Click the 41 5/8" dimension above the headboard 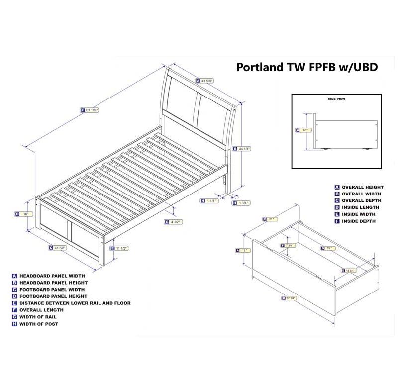pos(204,80)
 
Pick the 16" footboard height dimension pos(24,214)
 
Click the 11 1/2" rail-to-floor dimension pos(119,248)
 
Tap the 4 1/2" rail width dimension pos(174,222)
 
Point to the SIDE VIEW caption pos(336,99)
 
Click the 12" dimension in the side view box pos(302,130)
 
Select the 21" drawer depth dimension pos(270,219)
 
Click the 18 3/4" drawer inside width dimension pos(351,270)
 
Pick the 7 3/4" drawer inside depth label pos(289,246)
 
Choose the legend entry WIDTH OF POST pos(39,324)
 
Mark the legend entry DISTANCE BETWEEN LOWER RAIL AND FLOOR pos(75,303)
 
